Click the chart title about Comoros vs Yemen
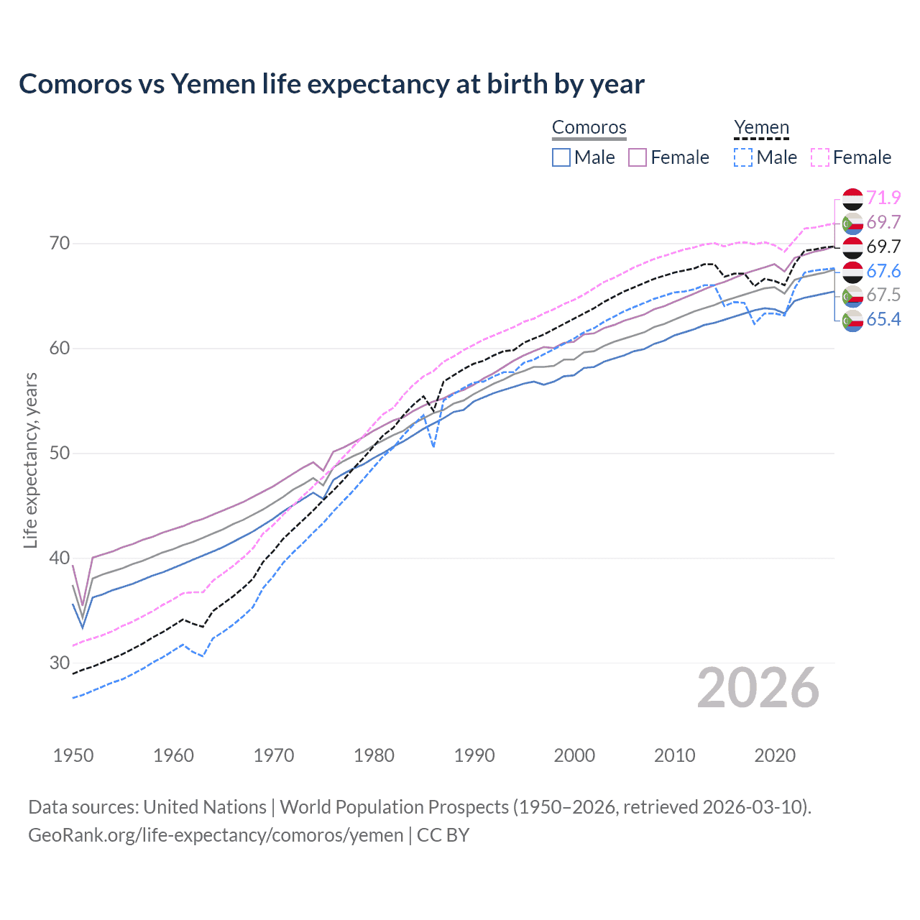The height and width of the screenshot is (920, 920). [331, 84]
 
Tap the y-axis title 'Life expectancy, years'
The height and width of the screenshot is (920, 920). [30, 460]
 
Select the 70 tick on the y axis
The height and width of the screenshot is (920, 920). [60, 244]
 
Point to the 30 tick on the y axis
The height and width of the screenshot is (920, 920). [60, 663]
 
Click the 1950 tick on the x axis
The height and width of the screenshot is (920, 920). [73, 755]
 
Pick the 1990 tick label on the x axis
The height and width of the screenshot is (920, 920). [474, 755]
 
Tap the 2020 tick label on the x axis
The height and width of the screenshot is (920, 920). [775, 755]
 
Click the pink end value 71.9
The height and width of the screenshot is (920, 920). [883, 198]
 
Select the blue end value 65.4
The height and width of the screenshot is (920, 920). [883, 319]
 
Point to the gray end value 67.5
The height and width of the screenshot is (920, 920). [883, 295]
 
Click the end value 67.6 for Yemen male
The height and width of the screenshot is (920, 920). [883, 271]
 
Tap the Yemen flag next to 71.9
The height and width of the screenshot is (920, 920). [852, 198]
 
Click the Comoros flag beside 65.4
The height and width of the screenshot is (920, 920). [852, 320]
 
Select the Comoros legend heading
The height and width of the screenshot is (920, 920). [589, 128]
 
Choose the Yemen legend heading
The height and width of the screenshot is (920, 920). [761, 128]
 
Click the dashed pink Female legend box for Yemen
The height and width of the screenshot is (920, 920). [819, 157]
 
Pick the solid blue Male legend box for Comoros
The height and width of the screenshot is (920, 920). [561, 157]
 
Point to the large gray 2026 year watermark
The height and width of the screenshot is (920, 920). [758, 688]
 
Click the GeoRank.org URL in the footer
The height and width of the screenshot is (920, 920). [216, 835]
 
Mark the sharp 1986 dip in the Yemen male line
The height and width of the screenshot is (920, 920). [433, 446]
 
